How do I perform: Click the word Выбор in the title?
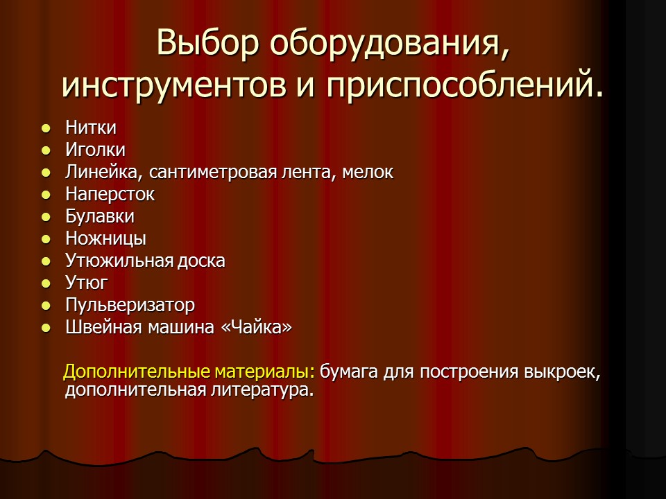[x=208, y=43]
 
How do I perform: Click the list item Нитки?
[x=91, y=128]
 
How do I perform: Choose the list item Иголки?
[x=96, y=150]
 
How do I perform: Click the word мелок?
[x=369, y=172]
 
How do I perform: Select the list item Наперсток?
[x=110, y=194]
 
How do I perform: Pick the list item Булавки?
[x=100, y=216]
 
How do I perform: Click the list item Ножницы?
[x=105, y=238]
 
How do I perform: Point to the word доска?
[x=200, y=261]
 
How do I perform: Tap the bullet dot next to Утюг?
[x=46, y=283]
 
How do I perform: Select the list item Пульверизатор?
[x=130, y=305]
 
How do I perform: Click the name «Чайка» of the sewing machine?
[x=255, y=327]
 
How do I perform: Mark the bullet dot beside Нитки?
[x=46, y=128]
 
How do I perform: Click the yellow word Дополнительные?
[x=136, y=372]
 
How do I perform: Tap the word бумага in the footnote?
[x=349, y=372]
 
